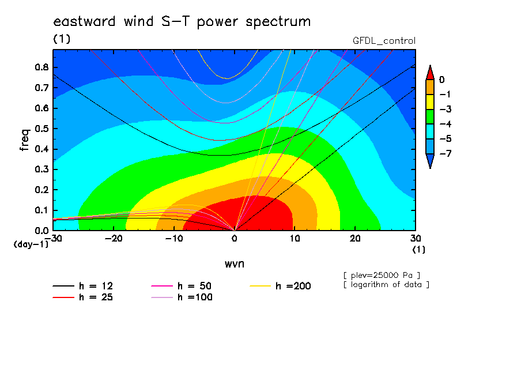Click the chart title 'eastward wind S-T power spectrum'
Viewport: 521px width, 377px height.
pyautogui.click(x=182, y=22)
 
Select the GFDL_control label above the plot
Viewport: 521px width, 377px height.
pyautogui.click(x=384, y=41)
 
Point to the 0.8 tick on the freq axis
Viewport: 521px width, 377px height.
pyautogui.click(x=42, y=67)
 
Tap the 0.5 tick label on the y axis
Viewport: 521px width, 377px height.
pyautogui.click(x=42, y=129)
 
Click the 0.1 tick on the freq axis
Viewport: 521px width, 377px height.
pyautogui.click(x=42, y=210)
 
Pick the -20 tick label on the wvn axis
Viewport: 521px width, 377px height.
pyautogui.click(x=114, y=239)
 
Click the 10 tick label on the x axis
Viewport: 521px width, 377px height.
pyautogui.click(x=295, y=239)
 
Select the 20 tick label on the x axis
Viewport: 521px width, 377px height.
pyautogui.click(x=355, y=239)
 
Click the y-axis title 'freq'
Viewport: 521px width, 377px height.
pyautogui.click(x=25, y=140)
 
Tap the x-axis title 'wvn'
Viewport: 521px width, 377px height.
pyautogui.click(x=234, y=264)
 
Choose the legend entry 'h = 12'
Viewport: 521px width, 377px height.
pyautogui.click(x=83, y=286)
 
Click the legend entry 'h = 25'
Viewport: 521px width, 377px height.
pyautogui.click(x=83, y=297)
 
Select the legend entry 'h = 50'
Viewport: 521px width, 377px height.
pyautogui.click(x=182, y=286)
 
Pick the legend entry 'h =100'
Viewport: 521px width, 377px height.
pyautogui.click(x=182, y=297)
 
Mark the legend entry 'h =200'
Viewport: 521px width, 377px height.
pyautogui.click(x=280, y=286)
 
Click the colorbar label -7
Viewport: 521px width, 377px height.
pyautogui.click(x=446, y=153)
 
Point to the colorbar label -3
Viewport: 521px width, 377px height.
pyautogui.click(x=446, y=110)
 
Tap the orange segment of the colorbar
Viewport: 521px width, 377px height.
pyautogui.click(x=430, y=87)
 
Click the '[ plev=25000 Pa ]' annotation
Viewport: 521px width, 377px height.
pyautogui.click(x=382, y=276)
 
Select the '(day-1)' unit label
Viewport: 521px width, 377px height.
pyautogui.click(x=31, y=244)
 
